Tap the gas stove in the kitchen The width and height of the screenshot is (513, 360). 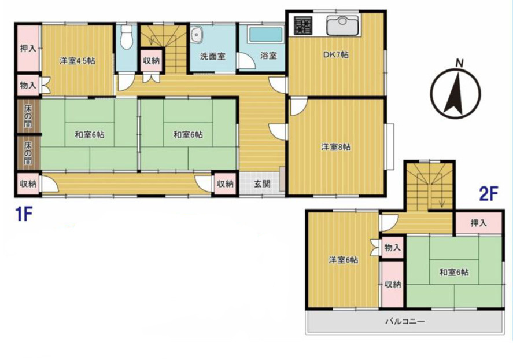click(x=302, y=25)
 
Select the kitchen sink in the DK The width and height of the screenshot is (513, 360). click(x=343, y=25)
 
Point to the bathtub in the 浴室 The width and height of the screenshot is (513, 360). click(x=265, y=34)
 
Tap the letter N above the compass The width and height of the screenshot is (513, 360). click(x=460, y=63)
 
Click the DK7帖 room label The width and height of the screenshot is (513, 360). click(x=335, y=54)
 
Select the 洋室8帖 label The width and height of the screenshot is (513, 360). click(x=336, y=147)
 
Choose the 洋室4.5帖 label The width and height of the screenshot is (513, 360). click(x=77, y=61)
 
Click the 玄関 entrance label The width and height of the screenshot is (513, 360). click(x=263, y=183)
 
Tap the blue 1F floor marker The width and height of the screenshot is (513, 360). click(x=24, y=214)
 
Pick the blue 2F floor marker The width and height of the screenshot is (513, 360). click(x=489, y=194)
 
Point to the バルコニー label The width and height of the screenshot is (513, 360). click(x=405, y=321)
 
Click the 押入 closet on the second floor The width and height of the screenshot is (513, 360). click(x=478, y=223)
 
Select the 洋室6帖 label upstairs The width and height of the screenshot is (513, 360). click(x=343, y=260)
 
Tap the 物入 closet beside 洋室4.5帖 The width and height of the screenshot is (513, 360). click(x=28, y=86)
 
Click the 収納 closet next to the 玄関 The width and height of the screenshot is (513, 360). click(x=226, y=183)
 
